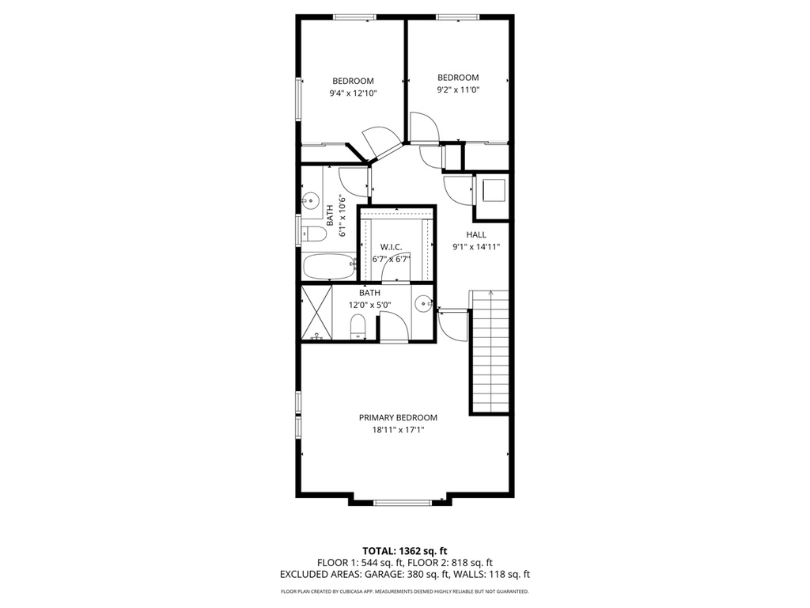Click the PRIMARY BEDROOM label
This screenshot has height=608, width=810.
tap(398, 418)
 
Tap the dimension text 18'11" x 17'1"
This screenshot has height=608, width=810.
tap(398, 431)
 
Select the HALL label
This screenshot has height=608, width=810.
tap(476, 234)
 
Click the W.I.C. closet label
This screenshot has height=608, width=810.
tap(392, 247)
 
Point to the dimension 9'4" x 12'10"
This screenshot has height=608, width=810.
tap(353, 93)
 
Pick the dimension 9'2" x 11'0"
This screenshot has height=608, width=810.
tap(459, 90)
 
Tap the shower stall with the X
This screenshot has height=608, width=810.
tap(316, 313)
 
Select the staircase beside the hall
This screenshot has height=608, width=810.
tap(490, 352)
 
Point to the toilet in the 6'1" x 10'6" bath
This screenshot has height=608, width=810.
tap(314, 234)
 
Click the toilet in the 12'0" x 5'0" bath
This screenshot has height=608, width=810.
tap(358, 325)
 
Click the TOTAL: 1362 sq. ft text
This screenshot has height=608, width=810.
tap(404, 550)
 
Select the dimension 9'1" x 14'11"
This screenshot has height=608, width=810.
tap(476, 247)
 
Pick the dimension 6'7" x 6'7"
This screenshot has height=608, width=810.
tap(392, 259)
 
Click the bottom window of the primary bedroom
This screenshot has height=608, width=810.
tap(403, 502)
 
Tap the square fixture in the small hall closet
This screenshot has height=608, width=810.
tap(491, 191)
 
